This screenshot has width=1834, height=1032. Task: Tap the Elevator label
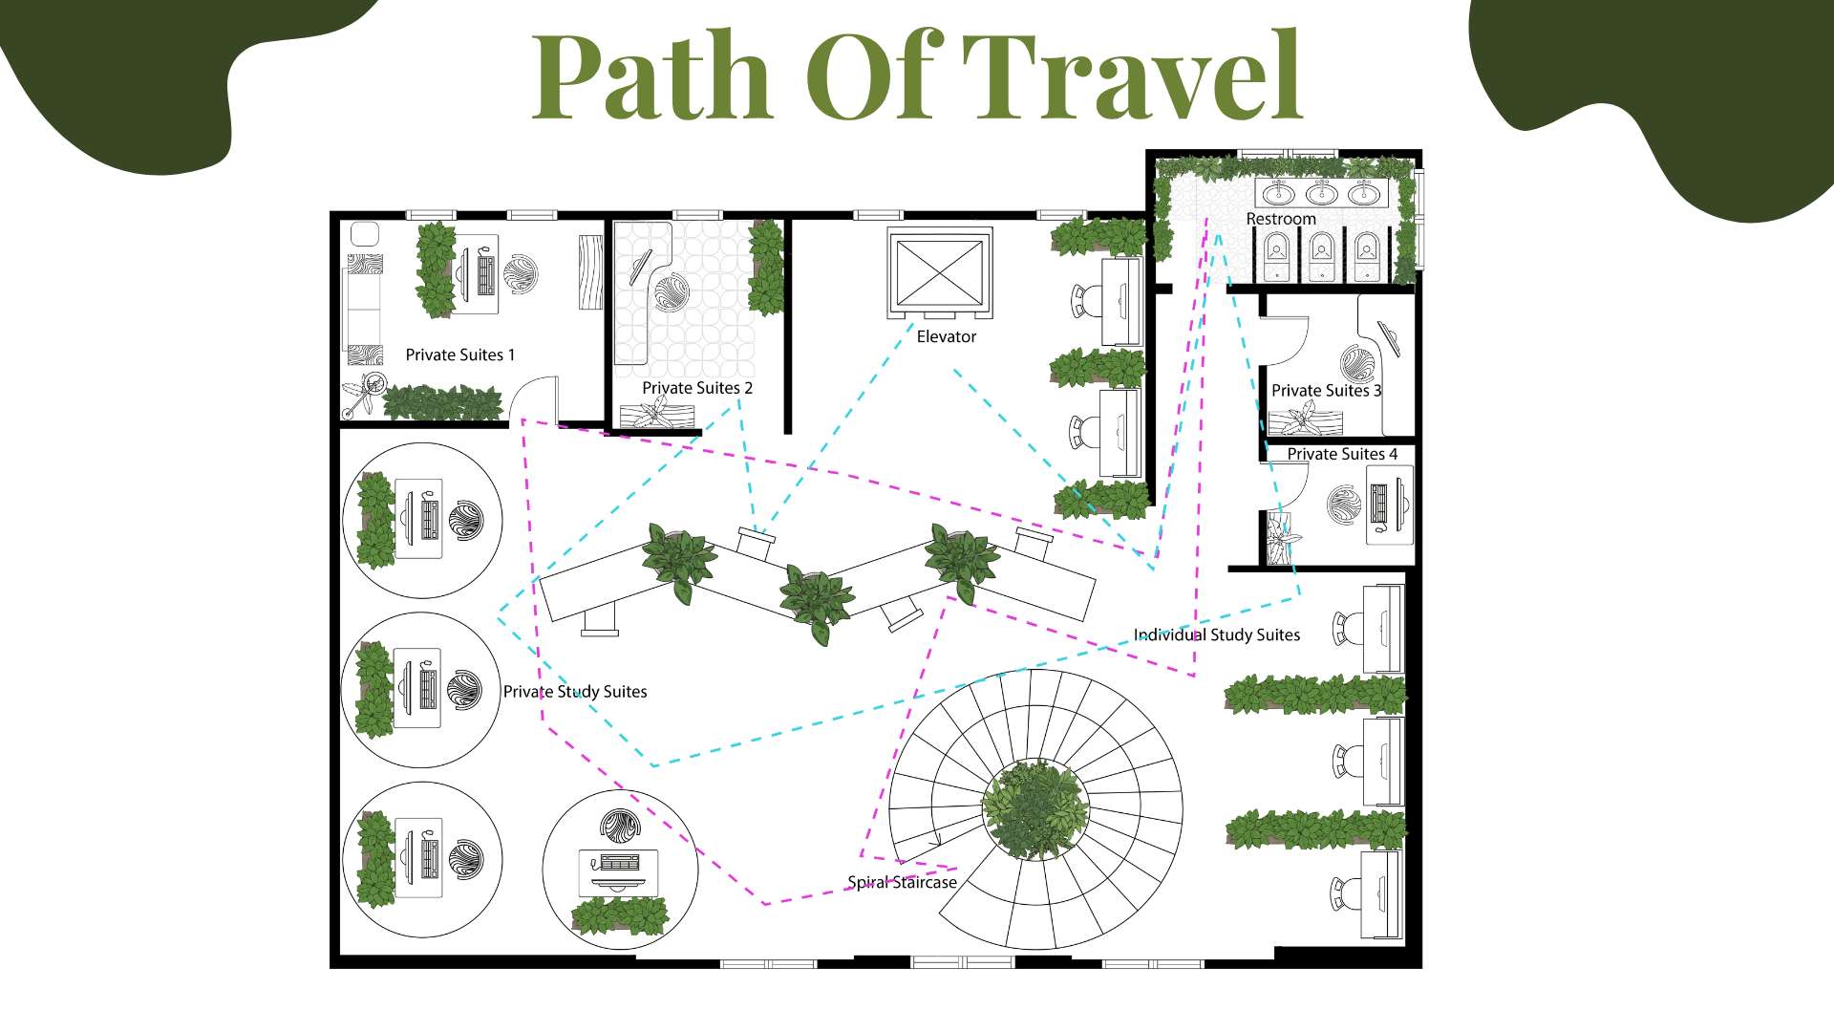(x=947, y=336)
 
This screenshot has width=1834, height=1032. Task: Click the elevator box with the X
(x=940, y=272)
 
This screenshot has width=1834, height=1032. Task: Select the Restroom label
(x=1281, y=219)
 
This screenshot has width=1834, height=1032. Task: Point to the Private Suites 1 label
(x=460, y=355)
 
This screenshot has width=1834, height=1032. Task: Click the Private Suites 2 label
(x=697, y=388)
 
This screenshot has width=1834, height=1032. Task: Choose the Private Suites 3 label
(x=1327, y=390)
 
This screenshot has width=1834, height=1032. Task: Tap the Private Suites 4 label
(x=1342, y=454)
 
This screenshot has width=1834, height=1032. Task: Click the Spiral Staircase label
(x=903, y=882)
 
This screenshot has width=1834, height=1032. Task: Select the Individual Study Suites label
(x=1217, y=634)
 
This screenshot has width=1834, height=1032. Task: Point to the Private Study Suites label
(x=575, y=691)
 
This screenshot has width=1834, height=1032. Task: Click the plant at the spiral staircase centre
(x=1035, y=808)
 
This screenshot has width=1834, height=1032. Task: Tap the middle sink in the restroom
(x=1322, y=194)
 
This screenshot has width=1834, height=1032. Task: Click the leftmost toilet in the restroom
(x=1276, y=255)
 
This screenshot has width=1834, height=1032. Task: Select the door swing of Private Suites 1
(x=534, y=397)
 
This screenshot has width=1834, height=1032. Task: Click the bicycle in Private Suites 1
(x=364, y=395)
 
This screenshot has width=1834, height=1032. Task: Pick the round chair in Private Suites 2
(x=671, y=292)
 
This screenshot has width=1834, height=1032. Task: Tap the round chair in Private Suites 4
(x=1344, y=505)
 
